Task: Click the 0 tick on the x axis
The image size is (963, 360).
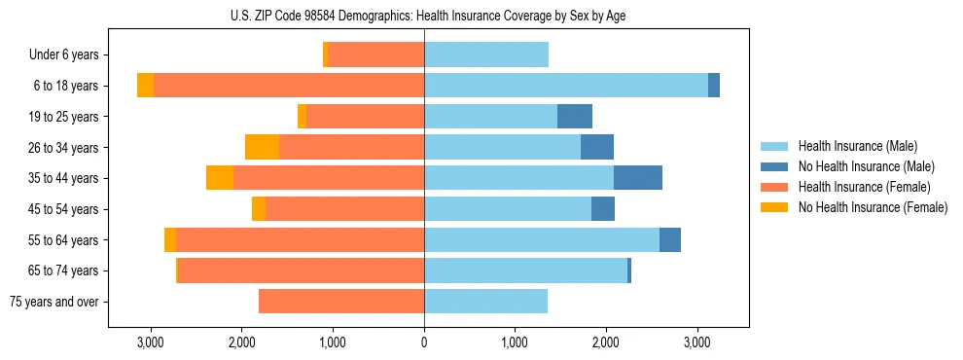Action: click(x=424, y=342)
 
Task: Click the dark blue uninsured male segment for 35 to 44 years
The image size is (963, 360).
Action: click(x=638, y=177)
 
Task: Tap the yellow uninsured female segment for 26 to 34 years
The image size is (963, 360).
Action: click(x=262, y=147)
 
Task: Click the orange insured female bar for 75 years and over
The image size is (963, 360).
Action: click(x=341, y=302)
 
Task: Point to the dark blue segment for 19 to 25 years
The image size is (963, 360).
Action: click(x=575, y=117)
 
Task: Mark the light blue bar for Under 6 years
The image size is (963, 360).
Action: click(x=486, y=55)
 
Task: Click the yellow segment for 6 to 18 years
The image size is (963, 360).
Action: click(x=145, y=86)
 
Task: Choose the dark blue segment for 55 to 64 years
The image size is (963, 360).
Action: click(x=670, y=239)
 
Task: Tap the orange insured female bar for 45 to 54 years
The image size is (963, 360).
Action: click(x=344, y=208)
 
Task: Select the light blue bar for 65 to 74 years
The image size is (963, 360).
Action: click(x=525, y=270)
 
